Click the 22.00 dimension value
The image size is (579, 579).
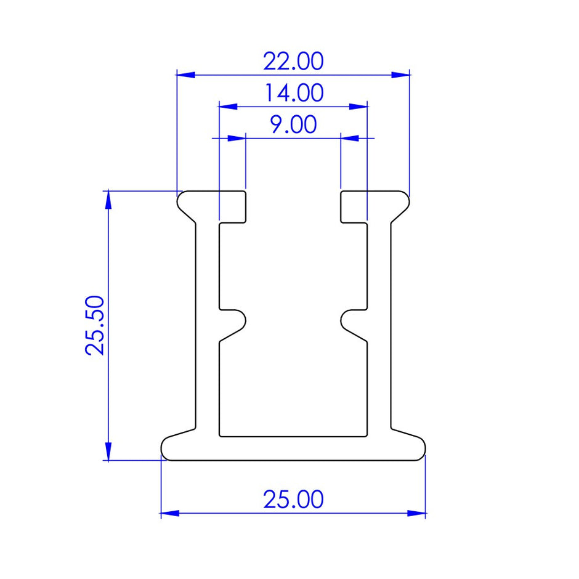293,62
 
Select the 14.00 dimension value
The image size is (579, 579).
293,94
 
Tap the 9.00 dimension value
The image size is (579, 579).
293,125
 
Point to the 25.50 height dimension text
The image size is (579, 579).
96,325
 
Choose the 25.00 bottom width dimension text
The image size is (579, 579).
293,500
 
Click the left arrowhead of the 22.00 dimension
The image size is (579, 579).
185,75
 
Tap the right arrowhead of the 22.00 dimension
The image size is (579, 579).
401,75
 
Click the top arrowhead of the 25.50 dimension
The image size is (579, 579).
108,200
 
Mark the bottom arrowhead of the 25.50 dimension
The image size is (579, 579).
108,451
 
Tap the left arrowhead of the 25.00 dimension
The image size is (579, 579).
170,513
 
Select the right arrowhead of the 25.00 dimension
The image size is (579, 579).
417,513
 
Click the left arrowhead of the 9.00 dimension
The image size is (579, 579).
237,138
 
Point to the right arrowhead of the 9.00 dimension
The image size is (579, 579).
350,138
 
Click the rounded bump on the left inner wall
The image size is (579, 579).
237,318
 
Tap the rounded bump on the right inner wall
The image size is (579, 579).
349,318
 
